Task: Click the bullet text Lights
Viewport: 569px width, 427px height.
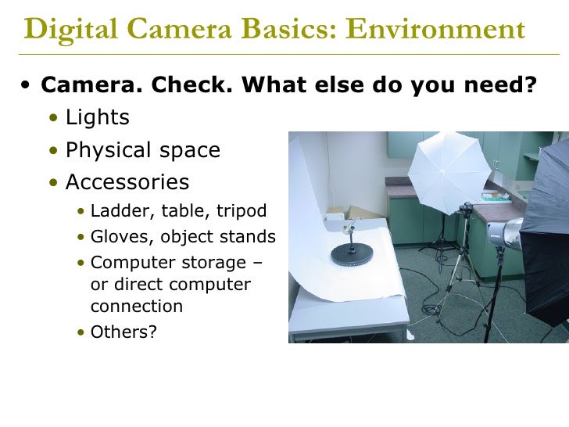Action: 97,118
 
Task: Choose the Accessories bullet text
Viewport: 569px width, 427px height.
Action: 127,182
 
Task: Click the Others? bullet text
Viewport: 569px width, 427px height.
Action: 123,332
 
